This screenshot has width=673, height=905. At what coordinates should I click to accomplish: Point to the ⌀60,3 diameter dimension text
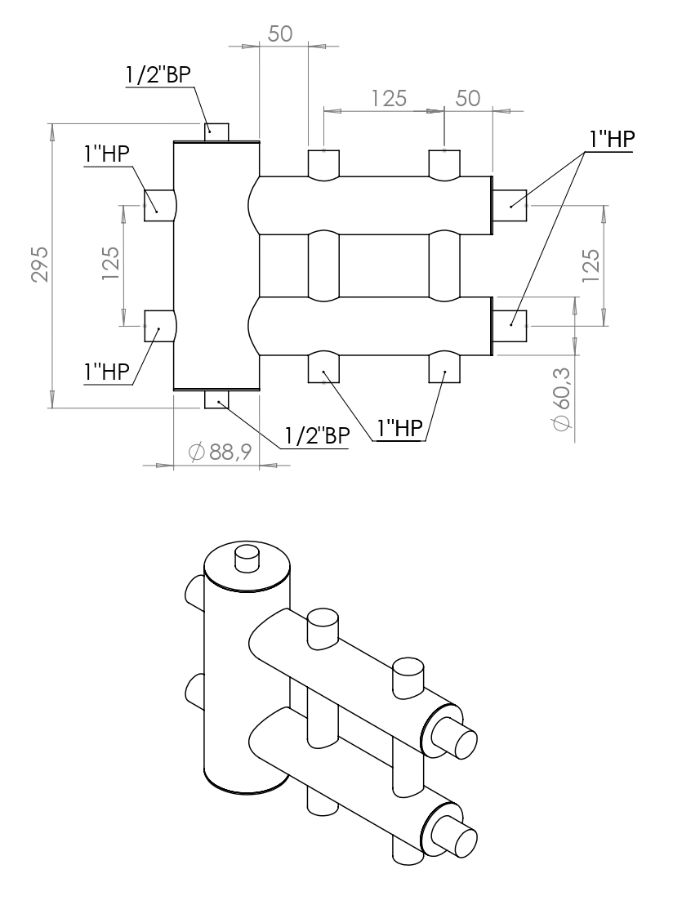pos(563,398)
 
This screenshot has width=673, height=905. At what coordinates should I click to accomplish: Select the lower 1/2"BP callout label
pos(316,435)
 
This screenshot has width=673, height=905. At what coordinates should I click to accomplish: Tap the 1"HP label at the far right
pos(608,140)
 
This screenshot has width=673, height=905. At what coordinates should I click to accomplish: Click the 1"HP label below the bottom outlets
pos(399,428)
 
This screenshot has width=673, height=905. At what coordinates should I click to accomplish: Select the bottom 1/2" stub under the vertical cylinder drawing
pos(216,399)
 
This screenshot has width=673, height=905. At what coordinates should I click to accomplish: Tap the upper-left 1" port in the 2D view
pos(158,204)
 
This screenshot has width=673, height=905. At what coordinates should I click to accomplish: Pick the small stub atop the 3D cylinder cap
pos(246,560)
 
